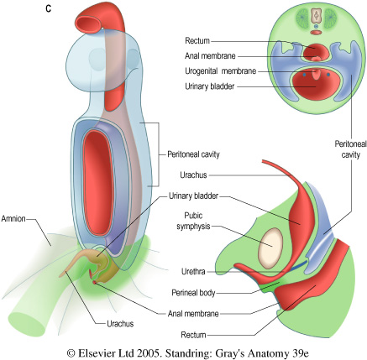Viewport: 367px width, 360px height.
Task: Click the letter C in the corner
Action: pyautogui.click(x=49, y=8)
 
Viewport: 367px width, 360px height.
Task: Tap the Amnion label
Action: pyautogui.click(x=13, y=218)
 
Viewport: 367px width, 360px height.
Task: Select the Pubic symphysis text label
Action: pyautogui.click(x=193, y=221)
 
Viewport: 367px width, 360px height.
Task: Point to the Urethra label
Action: pyautogui.click(x=193, y=271)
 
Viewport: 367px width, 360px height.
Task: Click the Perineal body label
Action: pyautogui.click(x=193, y=293)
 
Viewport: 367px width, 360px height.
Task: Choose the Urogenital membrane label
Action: pyautogui.click(x=221, y=71)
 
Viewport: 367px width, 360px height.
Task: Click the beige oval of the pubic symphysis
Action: pyautogui.click(x=270, y=248)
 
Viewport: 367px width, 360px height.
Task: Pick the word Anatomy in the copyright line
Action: pyautogui.click(x=267, y=353)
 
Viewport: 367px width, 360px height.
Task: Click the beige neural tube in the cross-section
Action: pyautogui.click(x=316, y=16)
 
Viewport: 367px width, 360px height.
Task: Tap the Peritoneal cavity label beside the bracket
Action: pyautogui.click(x=193, y=154)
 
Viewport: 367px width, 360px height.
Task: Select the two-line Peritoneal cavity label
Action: pyautogui.click(x=350, y=149)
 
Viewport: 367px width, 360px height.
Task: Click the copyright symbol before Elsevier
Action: pyautogui.click(x=71, y=353)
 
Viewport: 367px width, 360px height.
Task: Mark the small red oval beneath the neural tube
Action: pyautogui.click(x=317, y=33)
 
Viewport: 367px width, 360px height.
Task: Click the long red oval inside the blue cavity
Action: pyautogui.click(x=98, y=182)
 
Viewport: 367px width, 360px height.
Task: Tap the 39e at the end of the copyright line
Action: pyautogui.click(x=297, y=353)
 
